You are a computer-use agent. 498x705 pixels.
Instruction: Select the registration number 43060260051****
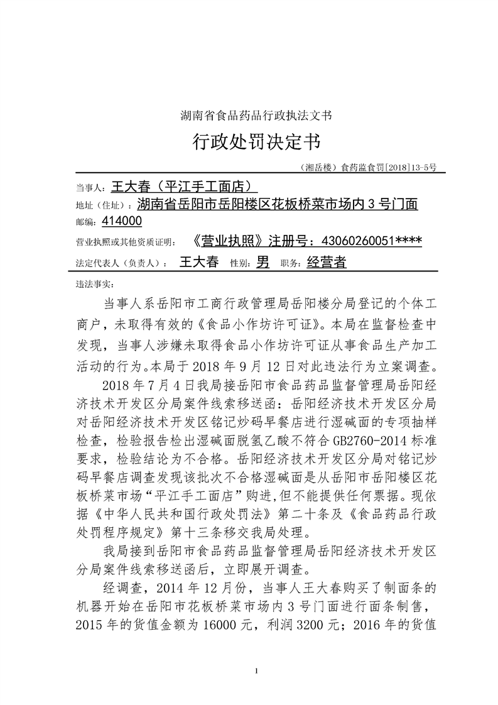371,241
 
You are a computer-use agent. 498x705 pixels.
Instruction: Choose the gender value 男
263,263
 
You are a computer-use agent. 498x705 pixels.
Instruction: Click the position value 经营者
327,263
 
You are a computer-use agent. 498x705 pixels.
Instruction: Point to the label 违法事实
90,284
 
